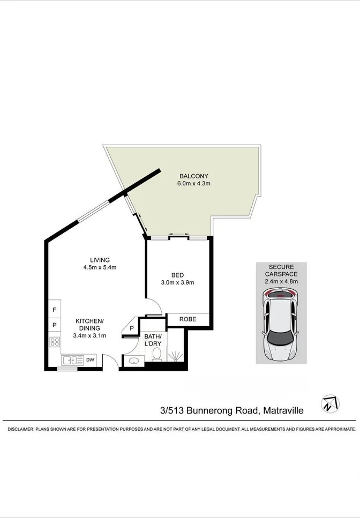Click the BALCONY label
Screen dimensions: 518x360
193,176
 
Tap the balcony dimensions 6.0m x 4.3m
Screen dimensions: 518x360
193,184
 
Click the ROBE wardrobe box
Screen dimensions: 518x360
187,319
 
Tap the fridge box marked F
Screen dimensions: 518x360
54,310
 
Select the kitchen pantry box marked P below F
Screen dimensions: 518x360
54,325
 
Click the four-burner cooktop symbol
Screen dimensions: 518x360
54,341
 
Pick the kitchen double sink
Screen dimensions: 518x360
72,360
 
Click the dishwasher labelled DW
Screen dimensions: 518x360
91,360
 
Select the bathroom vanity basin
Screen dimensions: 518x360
132,361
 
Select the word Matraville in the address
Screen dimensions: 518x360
283,411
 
